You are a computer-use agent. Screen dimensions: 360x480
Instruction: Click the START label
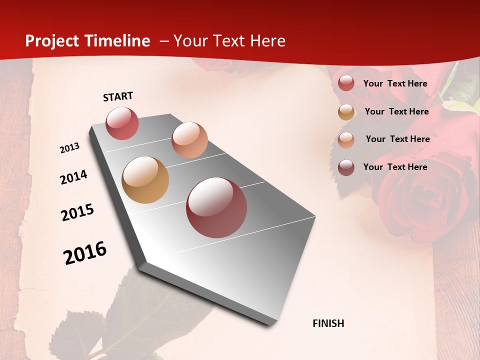(118, 96)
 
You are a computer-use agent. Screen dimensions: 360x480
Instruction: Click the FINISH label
(328, 323)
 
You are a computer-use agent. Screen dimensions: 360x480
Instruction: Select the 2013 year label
(70, 148)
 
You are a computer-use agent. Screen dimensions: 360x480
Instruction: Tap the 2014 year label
(73, 177)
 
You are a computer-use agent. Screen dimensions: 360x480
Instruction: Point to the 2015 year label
(77, 212)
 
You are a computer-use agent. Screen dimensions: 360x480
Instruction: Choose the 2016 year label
(85, 252)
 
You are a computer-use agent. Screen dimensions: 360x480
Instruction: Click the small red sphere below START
(122, 123)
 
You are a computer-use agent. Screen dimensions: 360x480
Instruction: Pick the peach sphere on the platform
(189, 140)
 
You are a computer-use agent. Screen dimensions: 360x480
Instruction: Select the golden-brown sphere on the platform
(145, 180)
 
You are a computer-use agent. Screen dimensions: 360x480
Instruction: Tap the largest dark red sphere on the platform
(216, 207)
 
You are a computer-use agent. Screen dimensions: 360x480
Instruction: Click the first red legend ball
(346, 83)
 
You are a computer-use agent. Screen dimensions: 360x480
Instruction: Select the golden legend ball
(346, 112)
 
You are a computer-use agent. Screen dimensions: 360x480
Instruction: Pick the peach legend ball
(346, 139)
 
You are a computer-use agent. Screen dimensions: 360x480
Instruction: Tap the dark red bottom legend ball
(346, 167)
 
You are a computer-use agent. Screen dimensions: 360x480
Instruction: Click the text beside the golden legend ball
(396, 111)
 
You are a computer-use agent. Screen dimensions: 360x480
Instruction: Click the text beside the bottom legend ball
(395, 167)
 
